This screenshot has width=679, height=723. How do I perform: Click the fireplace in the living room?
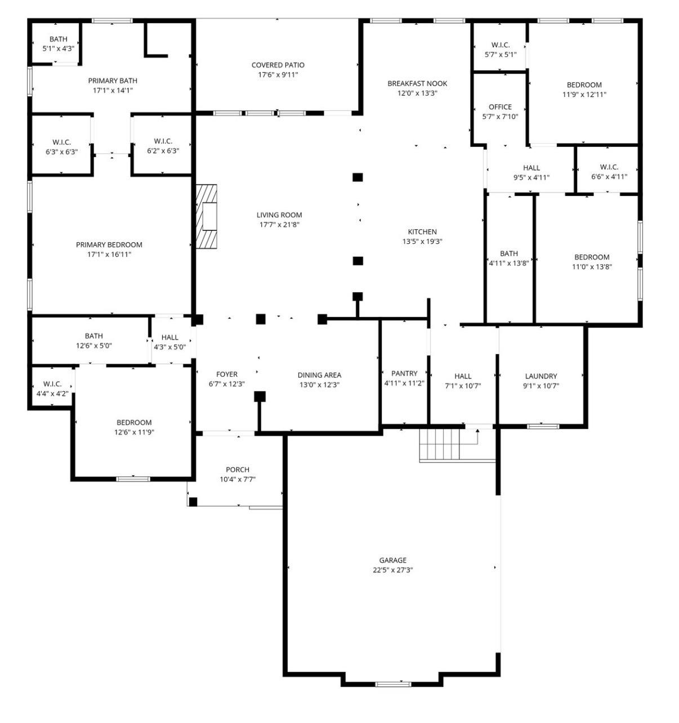(207, 216)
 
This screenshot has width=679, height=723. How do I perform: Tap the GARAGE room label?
(392, 560)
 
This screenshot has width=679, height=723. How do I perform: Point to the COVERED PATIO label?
(278, 65)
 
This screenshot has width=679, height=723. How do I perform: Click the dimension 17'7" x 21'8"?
(279, 225)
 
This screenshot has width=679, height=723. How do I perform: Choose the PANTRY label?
(404, 373)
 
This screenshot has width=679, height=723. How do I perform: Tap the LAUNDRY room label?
(541, 376)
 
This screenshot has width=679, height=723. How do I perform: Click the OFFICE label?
(500, 106)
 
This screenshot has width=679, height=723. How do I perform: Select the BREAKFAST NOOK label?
(417, 83)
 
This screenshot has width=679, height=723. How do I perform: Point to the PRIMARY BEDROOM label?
(109, 244)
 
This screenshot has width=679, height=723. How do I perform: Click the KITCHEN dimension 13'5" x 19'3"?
(422, 242)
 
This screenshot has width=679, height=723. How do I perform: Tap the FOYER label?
(227, 374)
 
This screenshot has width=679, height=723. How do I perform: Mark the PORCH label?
(238, 470)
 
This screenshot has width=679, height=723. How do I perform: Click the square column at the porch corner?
(193, 502)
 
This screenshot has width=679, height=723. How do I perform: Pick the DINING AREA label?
(319, 375)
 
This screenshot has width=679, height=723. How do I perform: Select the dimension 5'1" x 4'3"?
(58, 48)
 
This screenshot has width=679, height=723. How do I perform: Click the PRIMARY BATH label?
(113, 81)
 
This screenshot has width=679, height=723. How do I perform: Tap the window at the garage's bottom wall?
(393, 684)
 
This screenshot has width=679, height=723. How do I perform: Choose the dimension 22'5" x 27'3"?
(392, 570)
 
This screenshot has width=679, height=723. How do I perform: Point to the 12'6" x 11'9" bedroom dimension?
(134, 432)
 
